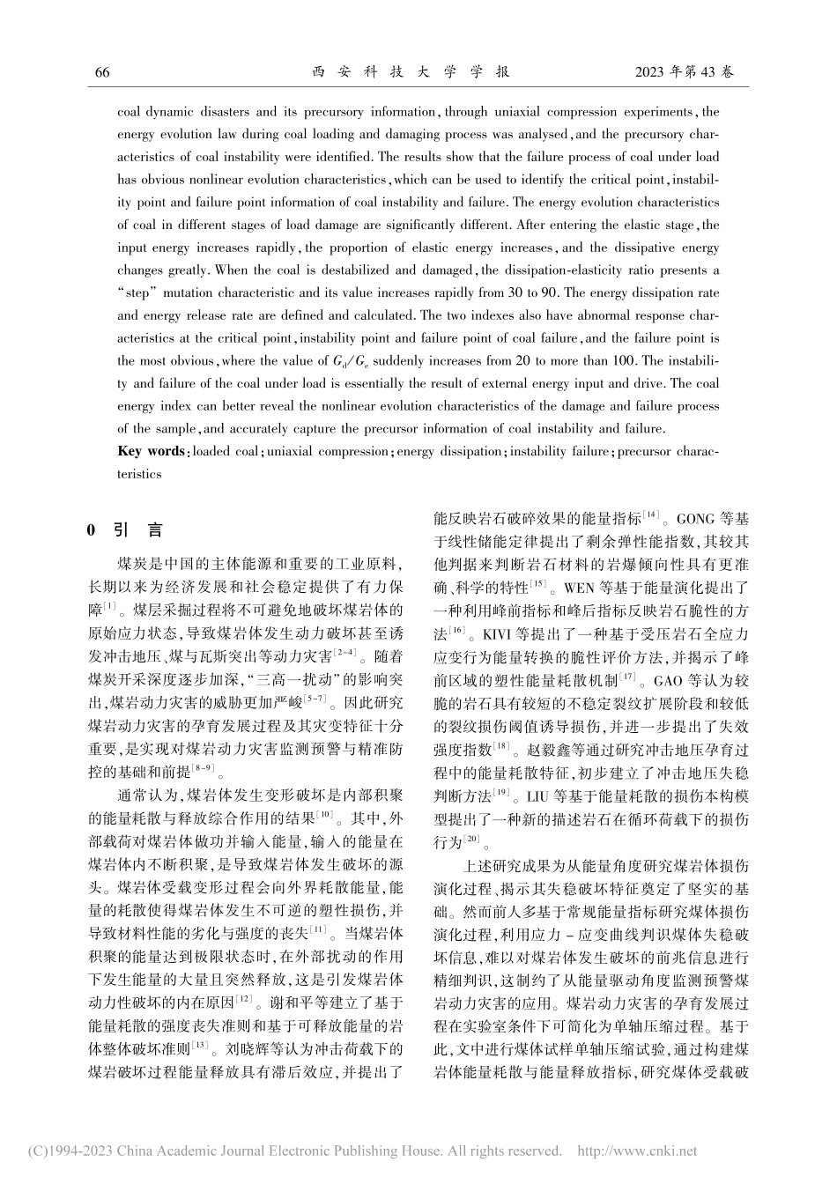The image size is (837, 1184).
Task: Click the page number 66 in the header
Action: tap(102, 72)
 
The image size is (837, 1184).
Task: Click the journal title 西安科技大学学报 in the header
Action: tap(411, 72)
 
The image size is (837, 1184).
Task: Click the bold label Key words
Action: tap(151, 451)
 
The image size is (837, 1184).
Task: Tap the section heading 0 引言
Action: tap(124, 530)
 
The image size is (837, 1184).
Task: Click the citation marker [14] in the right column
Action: tap(652, 514)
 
